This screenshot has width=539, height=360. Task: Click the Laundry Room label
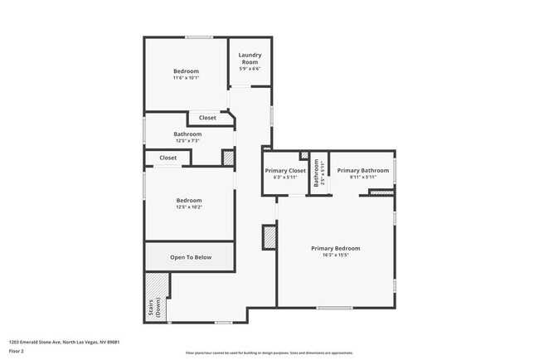click(250, 59)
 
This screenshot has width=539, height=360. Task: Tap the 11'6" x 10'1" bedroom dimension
click(186, 78)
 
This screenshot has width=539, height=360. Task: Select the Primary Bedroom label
click(335, 248)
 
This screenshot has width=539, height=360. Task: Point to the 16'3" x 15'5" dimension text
click(335, 255)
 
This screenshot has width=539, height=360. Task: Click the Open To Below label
click(191, 257)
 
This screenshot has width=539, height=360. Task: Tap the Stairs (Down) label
click(151, 309)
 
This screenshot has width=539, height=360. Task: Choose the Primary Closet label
click(285, 170)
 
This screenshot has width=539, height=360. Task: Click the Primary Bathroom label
click(362, 170)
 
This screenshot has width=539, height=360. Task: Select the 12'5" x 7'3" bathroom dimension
click(187, 141)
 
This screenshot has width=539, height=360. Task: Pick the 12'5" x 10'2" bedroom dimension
click(188, 207)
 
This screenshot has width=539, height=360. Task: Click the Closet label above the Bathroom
click(207, 118)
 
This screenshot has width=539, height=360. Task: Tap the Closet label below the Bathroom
click(168, 158)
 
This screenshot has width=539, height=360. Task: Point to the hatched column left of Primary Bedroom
click(269, 237)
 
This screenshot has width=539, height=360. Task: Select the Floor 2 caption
click(16, 351)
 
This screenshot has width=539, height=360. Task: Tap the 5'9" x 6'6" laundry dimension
click(250, 70)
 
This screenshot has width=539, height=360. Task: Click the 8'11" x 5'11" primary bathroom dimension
click(362, 177)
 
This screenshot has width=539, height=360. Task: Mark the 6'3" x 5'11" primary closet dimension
click(285, 177)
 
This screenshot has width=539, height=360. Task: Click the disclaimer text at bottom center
click(269, 353)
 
